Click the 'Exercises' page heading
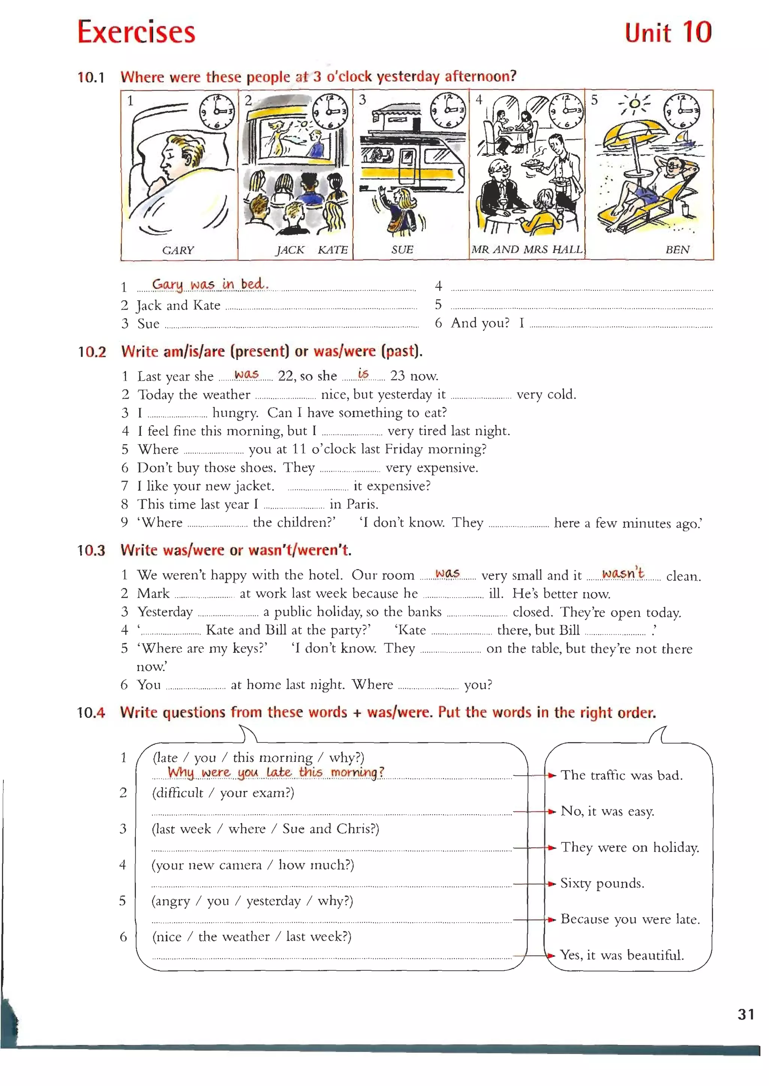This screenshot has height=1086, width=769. pos(136,32)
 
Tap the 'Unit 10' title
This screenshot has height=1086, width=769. pos(668,33)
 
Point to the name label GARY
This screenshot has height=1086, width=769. pos(178,250)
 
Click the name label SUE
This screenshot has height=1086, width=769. pos(402,250)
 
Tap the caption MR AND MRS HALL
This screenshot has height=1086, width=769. pos(526,250)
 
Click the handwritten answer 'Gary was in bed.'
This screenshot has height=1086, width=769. pos(210,284)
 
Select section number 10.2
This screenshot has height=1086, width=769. pos(92,352)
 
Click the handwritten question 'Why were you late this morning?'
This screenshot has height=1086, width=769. pos(276,772)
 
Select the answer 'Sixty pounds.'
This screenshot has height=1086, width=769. pos(602,883)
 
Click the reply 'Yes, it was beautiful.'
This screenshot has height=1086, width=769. pos(622,955)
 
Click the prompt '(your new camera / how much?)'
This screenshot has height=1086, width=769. pos(253,865)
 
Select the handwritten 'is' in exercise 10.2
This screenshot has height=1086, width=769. pos(363,374)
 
